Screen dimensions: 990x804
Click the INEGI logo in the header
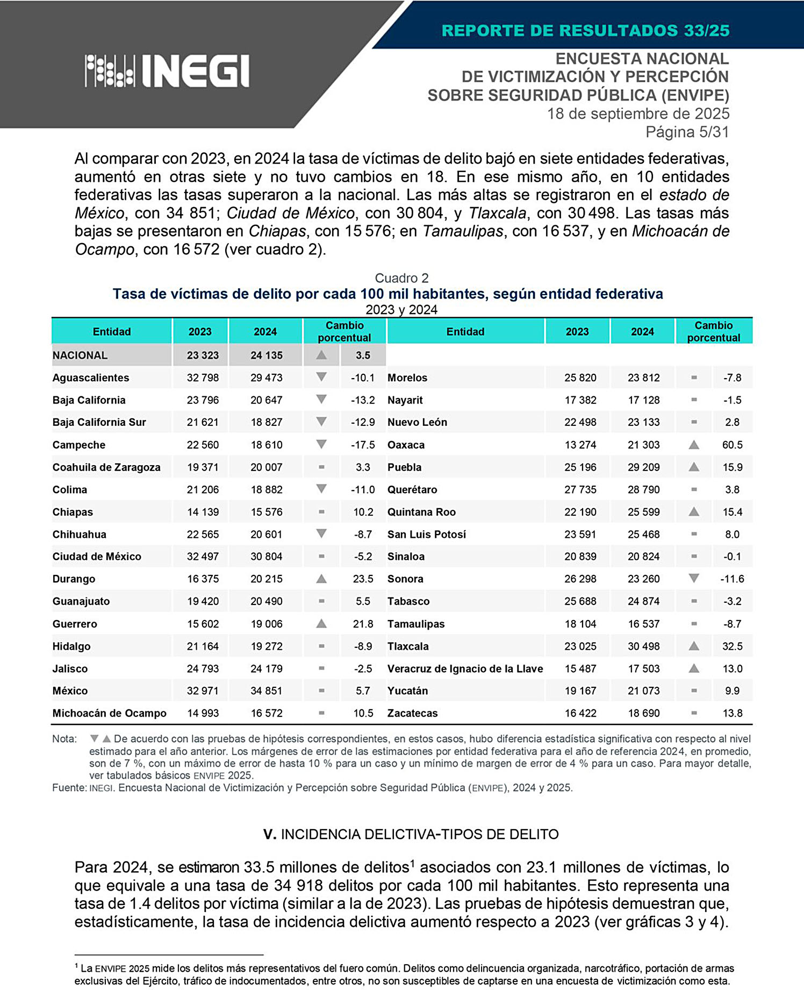167,70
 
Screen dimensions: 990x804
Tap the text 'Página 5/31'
687,132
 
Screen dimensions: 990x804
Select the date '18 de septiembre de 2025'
638,113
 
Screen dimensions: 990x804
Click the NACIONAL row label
80,355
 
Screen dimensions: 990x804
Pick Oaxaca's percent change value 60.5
732,445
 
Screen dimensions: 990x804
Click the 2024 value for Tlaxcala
643,646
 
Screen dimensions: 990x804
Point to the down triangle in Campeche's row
321,445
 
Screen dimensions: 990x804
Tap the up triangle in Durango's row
321,579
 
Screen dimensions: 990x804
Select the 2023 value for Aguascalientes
203,378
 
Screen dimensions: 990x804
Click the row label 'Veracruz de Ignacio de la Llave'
465,669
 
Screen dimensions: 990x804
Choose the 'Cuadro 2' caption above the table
401,278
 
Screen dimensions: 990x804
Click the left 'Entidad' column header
112,332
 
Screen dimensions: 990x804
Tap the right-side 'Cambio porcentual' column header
713,331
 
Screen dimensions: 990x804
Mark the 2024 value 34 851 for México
266,691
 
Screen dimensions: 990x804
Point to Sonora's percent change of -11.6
732,579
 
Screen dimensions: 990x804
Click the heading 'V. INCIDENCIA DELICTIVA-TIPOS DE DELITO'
411,834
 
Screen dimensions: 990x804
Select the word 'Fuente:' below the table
69,788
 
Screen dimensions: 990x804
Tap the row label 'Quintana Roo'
421,512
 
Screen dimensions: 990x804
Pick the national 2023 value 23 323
203,355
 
